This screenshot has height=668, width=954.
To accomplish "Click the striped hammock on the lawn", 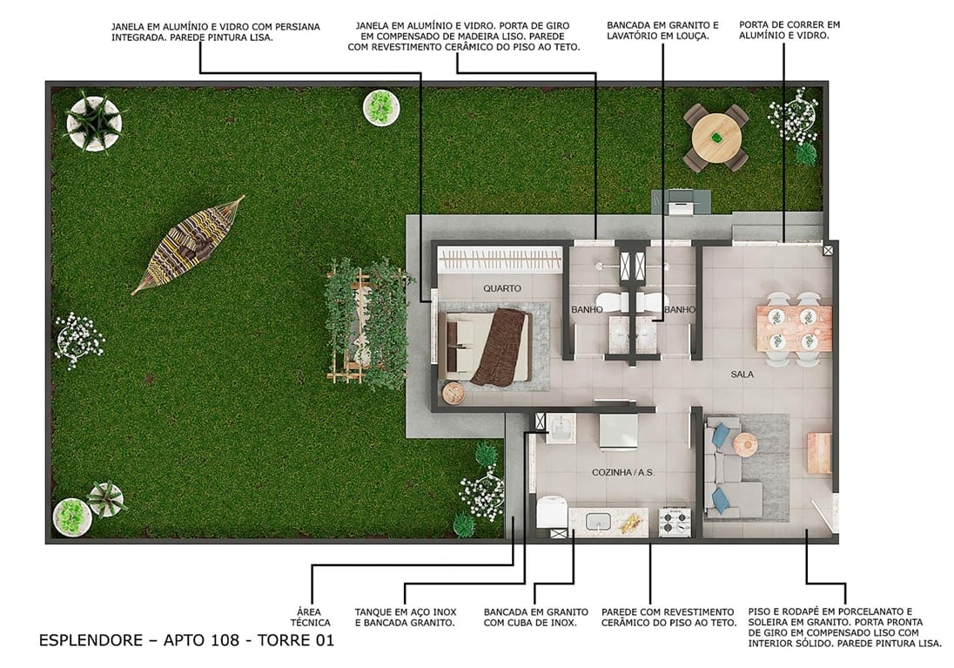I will [x=187, y=245].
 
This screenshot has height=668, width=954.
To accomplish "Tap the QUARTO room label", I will [x=502, y=287].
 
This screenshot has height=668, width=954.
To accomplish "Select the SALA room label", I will [x=742, y=374].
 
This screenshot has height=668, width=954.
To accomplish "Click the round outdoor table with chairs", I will [x=715, y=137].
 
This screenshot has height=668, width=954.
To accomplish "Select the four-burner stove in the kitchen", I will [x=675, y=522].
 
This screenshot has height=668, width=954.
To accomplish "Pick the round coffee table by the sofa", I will [x=746, y=444].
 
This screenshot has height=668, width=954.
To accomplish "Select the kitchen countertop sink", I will [x=598, y=521].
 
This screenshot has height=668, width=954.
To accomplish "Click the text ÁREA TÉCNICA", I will [x=310, y=617].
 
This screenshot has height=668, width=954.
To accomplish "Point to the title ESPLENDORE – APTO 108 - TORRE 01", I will [x=185, y=641].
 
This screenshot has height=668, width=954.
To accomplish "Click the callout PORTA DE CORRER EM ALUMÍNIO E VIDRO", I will [x=789, y=31].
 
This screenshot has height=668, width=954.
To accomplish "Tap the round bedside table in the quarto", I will [x=454, y=394].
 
